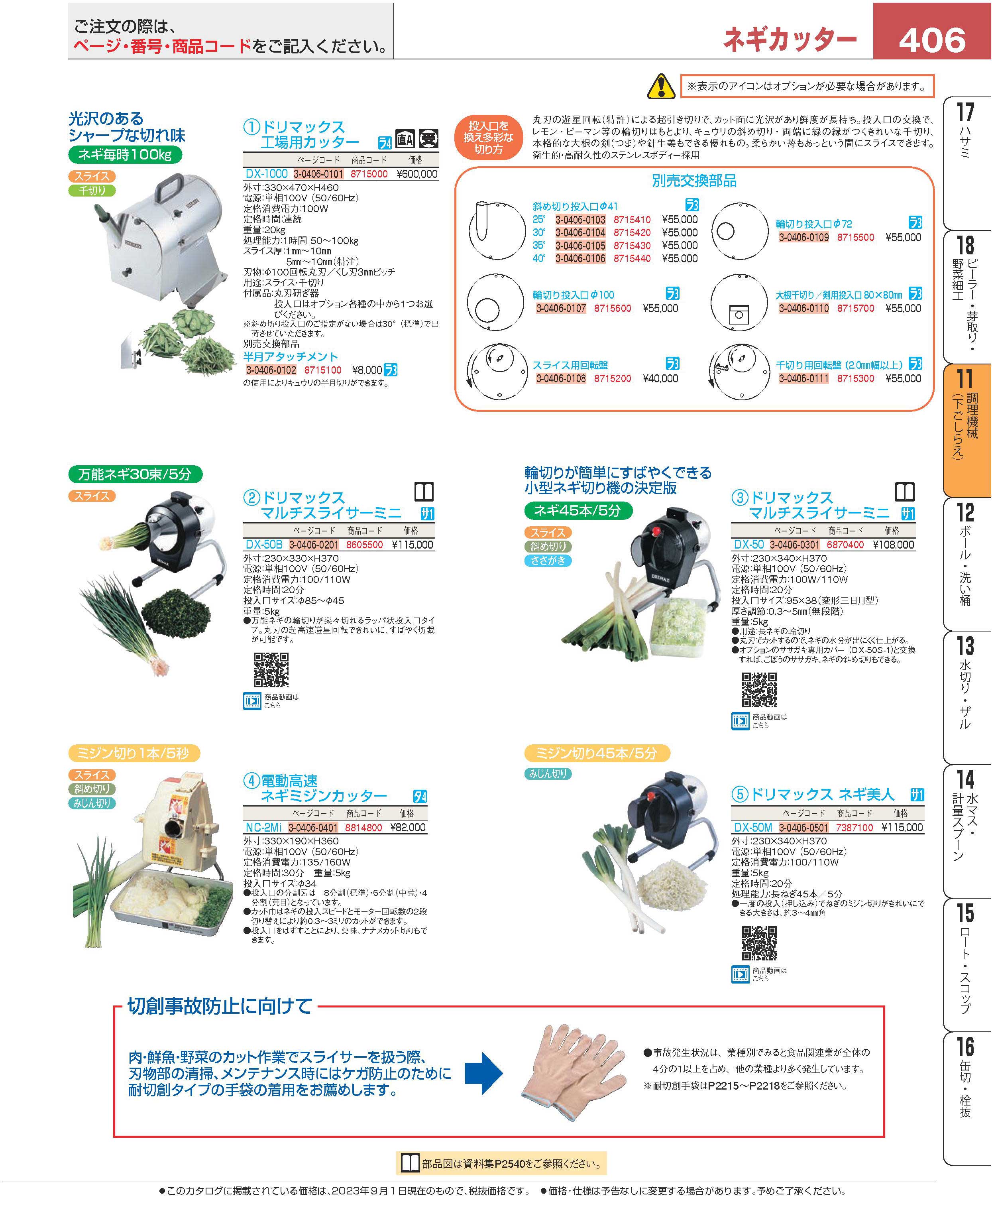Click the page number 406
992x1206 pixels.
[x=932, y=40]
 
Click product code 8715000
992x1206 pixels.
[x=369, y=174]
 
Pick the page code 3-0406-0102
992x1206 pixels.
[x=271, y=370]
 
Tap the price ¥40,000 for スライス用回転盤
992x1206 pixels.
[x=660, y=378]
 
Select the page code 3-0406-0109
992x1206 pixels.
[x=803, y=237]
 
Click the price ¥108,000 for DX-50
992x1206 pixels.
[x=894, y=545]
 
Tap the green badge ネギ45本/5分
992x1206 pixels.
[x=578, y=510]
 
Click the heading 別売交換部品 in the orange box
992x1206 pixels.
[x=694, y=181]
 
